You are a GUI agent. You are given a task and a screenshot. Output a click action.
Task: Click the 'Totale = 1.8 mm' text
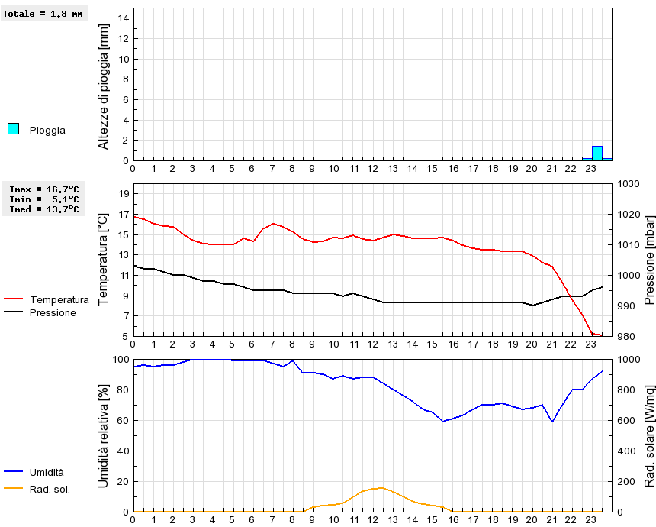pyautogui.click(x=43, y=14)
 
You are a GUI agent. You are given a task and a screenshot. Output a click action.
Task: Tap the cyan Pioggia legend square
pyautogui.click(x=13, y=129)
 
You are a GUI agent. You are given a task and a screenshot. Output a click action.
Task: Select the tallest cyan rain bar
pyautogui.click(x=597, y=153)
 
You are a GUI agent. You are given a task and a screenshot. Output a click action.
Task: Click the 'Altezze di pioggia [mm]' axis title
pyautogui.click(x=104, y=86)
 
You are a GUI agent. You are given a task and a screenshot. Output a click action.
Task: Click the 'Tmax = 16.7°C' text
pyautogui.click(x=44, y=189)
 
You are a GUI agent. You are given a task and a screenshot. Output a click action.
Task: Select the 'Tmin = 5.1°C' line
pyautogui.click(x=44, y=199)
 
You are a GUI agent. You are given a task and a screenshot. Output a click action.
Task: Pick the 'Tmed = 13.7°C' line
pyautogui.click(x=44, y=209)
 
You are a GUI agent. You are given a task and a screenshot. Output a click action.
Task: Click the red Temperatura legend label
pyautogui.click(x=59, y=300)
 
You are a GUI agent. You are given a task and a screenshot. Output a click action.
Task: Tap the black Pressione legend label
pyautogui.click(x=53, y=313)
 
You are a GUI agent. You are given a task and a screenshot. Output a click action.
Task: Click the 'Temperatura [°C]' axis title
pyautogui.click(x=104, y=260)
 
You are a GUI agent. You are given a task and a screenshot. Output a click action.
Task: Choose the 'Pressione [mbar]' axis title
pyautogui.click(x=649, y=260)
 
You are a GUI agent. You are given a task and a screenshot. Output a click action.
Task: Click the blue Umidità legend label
pyautogui.click(x=47, y=473)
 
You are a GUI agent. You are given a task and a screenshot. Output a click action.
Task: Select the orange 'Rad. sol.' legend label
pyautogui.click(x=50, y=489)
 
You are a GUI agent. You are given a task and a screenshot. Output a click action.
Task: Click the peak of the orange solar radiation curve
pyautogui.click(x=381, y=487)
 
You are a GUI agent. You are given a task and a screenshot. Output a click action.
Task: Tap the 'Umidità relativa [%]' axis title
pyautogui.click(x=104, y=435)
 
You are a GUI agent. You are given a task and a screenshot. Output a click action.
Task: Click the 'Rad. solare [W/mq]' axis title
pyautogui.click(x=649, y=435)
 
